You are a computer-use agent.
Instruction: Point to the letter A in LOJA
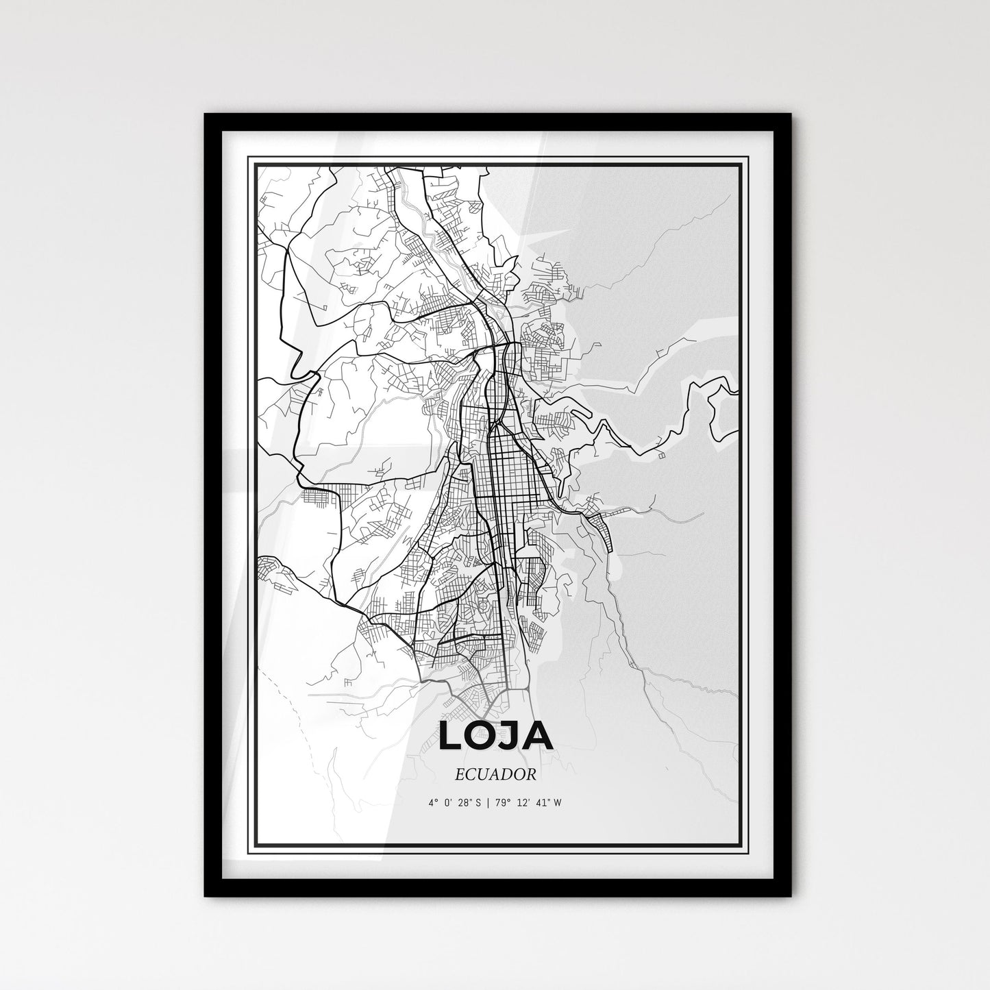click(539, 736)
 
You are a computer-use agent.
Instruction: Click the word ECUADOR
click(494, 774)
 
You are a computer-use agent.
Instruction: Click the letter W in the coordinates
click(559, 803)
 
